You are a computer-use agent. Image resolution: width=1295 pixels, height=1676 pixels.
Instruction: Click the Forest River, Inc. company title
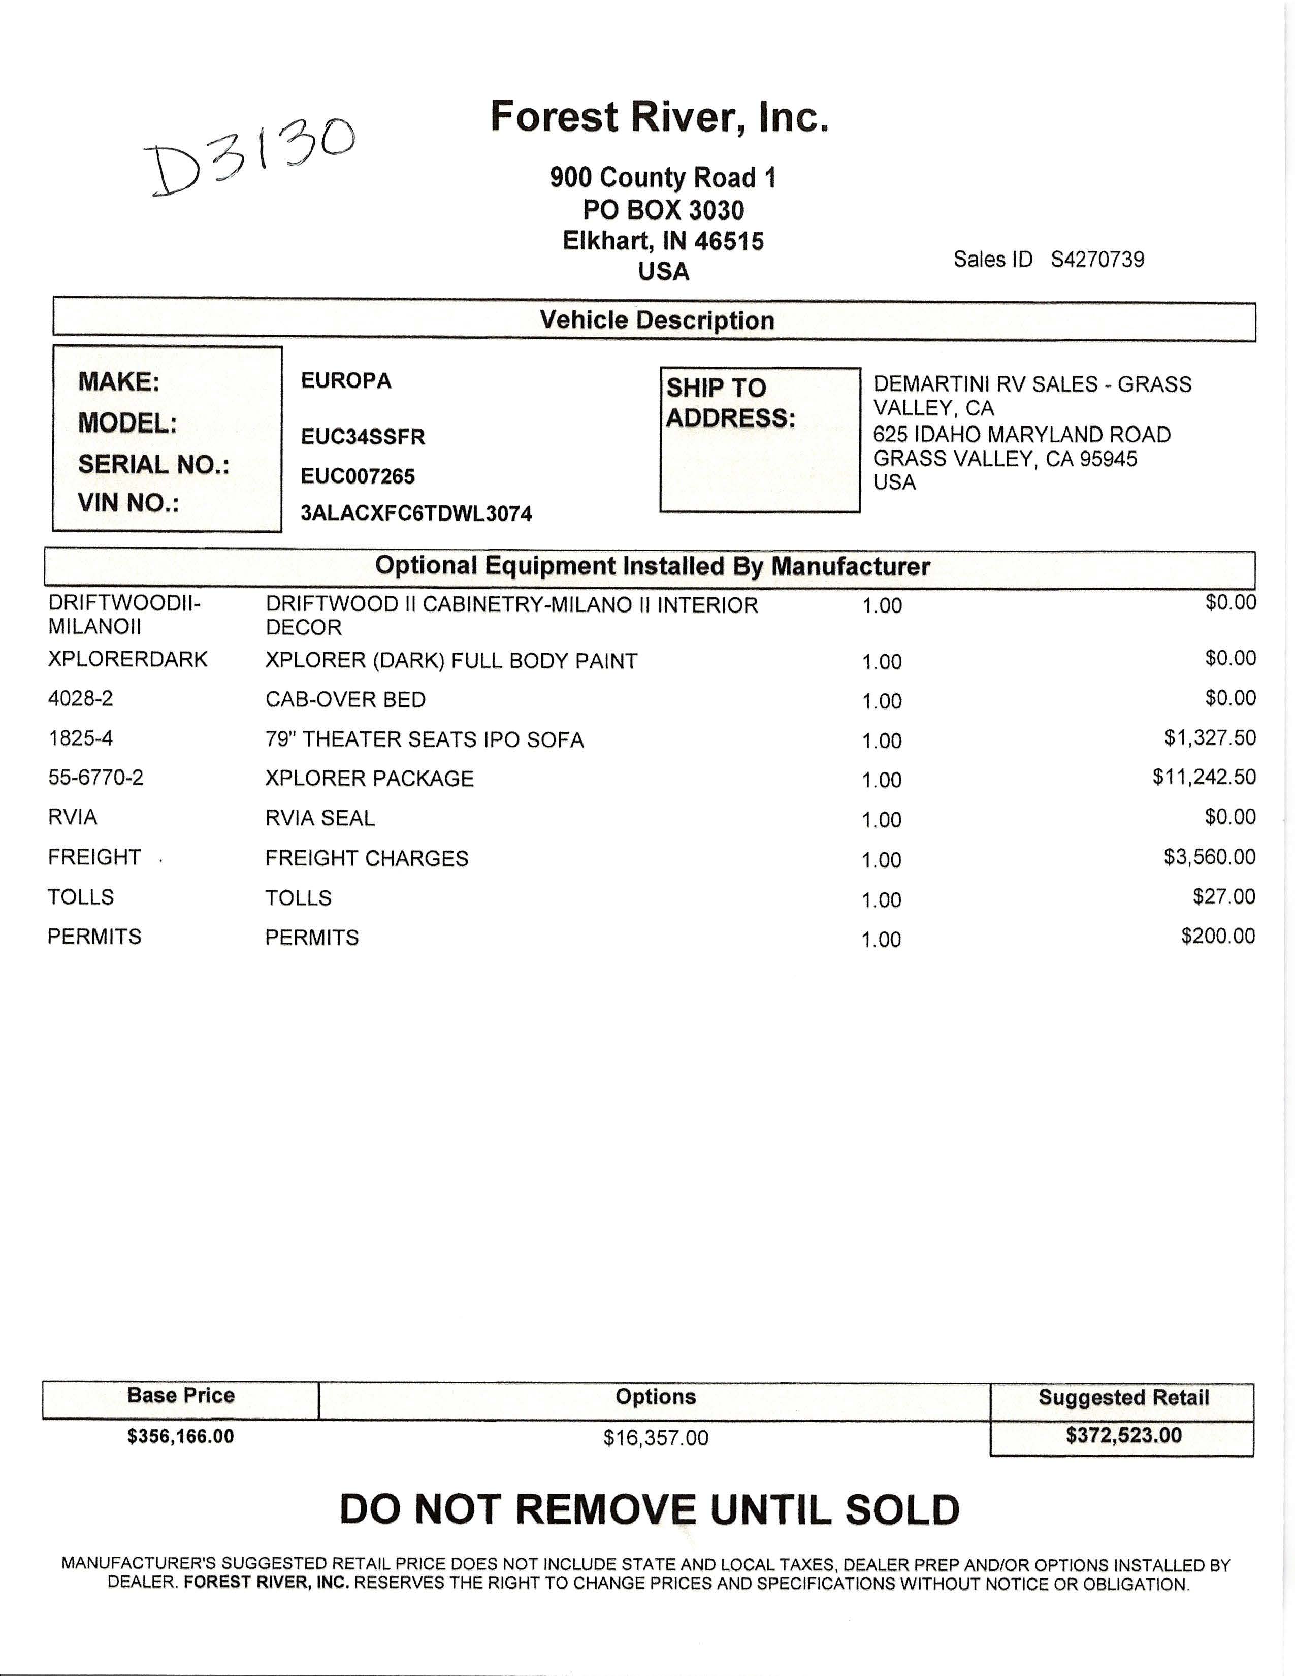[x=659, y=117]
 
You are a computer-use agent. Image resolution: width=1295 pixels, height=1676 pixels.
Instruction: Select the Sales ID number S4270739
[x=1097, y=260]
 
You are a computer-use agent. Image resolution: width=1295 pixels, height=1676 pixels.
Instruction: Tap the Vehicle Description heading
[x=657, y=320]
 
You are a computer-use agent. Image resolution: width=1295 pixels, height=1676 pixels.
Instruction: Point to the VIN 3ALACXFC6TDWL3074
[x=416, y=513]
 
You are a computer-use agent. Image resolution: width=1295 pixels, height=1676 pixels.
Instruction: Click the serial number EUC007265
[x=358, y=476]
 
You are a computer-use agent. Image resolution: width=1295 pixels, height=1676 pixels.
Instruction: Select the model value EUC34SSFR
[x=363, y=437]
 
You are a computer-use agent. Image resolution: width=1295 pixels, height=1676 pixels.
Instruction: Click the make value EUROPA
[x=346, y=380]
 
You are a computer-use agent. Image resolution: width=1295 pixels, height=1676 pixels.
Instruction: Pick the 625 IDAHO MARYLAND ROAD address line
[x=1021, y=434]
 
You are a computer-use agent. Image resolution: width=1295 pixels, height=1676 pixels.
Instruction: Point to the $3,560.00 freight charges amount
[x=1209, y=856]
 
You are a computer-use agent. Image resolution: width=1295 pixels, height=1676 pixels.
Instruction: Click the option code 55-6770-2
[x=95, y=778]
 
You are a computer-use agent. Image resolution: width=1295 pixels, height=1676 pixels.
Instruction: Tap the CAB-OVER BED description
[x=345, y=700]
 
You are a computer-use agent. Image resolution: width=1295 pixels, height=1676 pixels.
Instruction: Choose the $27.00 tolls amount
[x=1224, y=896]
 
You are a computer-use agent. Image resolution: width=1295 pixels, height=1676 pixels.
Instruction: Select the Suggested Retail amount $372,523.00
[x=1123, y=1436]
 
